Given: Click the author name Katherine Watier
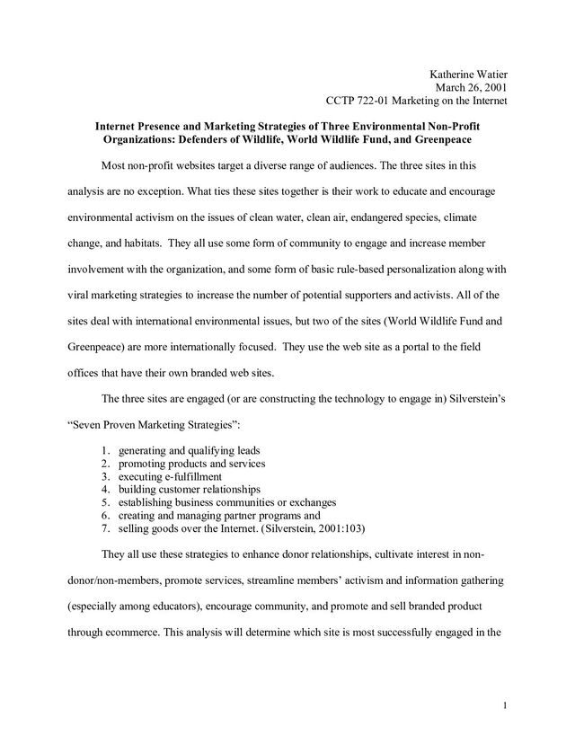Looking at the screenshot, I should [466, 73].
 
